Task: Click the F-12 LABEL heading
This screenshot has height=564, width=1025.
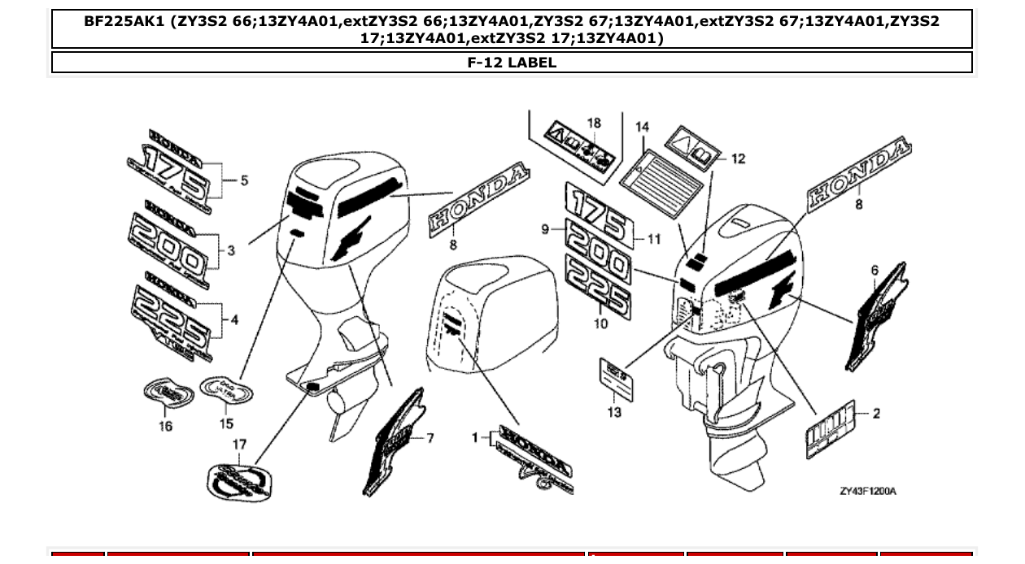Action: (x=512, y=63)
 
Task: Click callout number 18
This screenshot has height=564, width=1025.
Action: (x=594, y=124)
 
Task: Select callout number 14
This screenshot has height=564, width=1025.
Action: (x=643, y=127)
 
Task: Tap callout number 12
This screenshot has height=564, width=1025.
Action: (x=738, y=159)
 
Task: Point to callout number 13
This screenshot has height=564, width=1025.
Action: (x=614, y=412)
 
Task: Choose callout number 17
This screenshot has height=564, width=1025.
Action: (x=239, y=445)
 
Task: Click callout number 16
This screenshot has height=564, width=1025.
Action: (x=165, y=426)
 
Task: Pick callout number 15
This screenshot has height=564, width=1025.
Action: (x=226, y=423)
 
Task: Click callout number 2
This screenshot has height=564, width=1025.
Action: (x=876, y=414)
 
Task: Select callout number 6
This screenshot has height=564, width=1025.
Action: (x=875, y=270)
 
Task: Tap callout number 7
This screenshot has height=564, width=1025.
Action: (x=430, y=439)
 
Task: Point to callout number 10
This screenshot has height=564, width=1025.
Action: (x=601, y=323)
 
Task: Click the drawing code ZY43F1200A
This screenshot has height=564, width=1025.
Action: (x=868, y=491)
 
